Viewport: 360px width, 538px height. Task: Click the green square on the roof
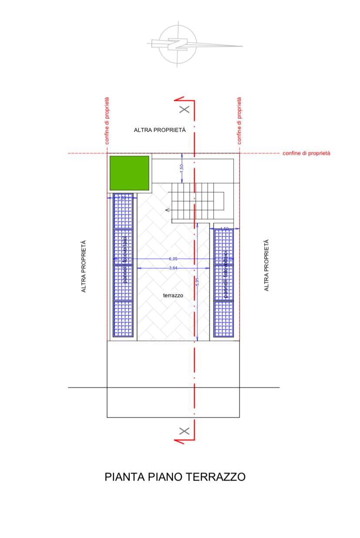pos(129,173)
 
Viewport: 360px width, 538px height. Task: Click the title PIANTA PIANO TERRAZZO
pos(175,477)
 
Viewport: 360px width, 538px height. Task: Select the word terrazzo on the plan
pos(173,295)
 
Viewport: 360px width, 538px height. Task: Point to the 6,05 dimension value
pos(173,259)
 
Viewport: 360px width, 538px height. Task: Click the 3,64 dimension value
pos(173,268)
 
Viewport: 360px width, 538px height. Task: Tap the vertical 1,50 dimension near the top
pos(182,167)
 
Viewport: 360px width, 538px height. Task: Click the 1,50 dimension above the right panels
pos(224,228)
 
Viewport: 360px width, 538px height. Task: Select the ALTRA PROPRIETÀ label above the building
pos(160,130)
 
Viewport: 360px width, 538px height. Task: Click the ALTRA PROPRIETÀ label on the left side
pos(84,266)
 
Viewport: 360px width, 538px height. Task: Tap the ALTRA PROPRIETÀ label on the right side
pos(267,265)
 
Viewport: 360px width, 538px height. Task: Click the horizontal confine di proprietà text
pos(306,153)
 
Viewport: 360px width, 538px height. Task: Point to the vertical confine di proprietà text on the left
pos(107,120)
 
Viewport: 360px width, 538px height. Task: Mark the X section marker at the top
pos(184,109)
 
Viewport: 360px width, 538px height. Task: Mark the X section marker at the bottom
pos(184,431)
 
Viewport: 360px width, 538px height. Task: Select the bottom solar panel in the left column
pos(123,319)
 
